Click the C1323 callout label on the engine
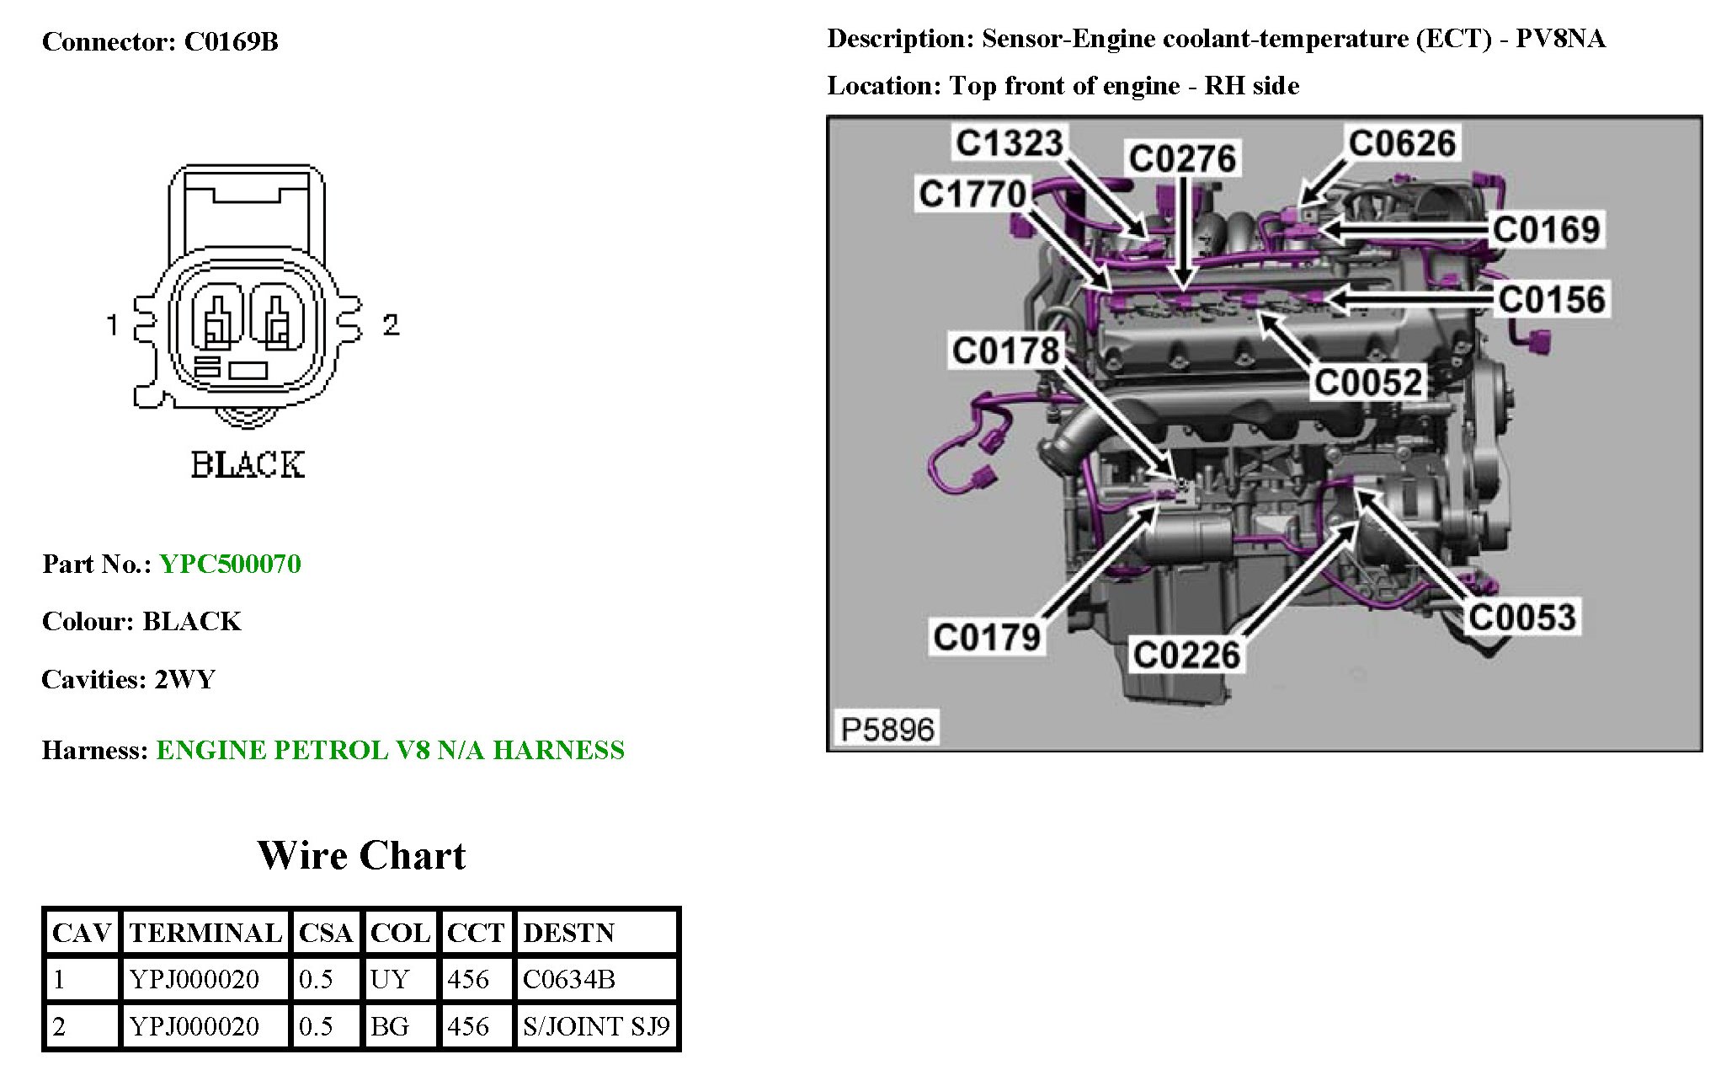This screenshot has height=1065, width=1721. pos(1009,142)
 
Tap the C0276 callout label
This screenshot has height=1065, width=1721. pos(1182,158)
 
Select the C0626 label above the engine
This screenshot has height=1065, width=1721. pos(1402,143)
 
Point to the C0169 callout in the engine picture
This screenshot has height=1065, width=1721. pos(1546,229)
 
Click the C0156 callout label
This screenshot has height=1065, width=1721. pos(1552,299)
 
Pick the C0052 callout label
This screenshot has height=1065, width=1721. pos(1368,383)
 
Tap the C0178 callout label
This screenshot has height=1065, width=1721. pos(1005,351)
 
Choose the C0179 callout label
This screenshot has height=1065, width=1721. pos(987,637)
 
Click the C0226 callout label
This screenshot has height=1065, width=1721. pos(1186,655)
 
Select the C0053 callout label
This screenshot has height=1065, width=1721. pos(1522,617)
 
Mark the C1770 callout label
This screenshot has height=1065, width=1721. pos(972,194)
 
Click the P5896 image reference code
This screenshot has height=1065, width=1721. pos(887,729)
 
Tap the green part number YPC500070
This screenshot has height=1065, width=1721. pos(230,564)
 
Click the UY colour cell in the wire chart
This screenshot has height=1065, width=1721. pos(390,979)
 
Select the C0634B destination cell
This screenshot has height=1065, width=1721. pos(569,979)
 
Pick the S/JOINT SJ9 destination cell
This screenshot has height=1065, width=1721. pos(596,1026)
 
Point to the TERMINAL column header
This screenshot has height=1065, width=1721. pos(205,933)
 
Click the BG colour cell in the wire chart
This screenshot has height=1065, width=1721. pos(390,1026)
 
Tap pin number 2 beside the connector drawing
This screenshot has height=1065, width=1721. pos(391,324)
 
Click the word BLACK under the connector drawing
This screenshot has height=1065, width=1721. pos(247,464)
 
